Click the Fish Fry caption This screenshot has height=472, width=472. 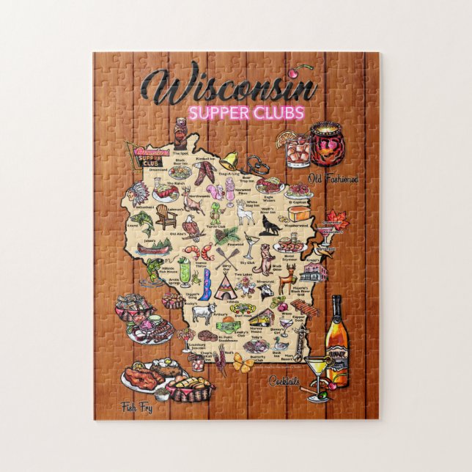[137, 408]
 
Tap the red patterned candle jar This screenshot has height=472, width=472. [326, 143]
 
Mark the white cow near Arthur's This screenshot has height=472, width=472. [201, 313]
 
